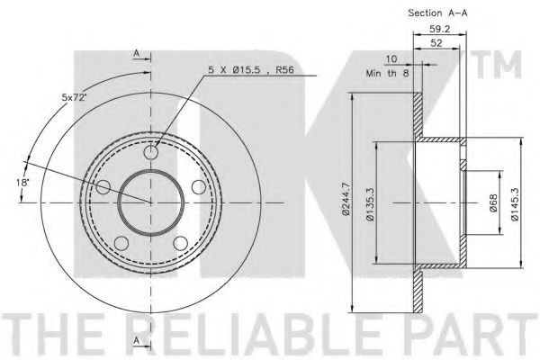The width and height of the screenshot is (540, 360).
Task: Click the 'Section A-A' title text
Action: click(437, 13)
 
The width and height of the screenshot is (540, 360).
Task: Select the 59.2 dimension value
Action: click(440, 29)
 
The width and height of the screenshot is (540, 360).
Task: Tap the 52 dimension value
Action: click(436, 43)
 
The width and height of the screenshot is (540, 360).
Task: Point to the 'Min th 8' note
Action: click(387, 73)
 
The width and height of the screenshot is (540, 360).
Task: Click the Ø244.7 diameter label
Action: click(346, 200)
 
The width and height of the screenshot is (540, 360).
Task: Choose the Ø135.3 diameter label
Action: click(370, 203)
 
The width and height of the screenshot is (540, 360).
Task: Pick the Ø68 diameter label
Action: click(493, 203)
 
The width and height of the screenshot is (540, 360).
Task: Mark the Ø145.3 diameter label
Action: click(515, 203)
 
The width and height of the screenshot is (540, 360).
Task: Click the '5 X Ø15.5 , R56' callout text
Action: click(251, 70)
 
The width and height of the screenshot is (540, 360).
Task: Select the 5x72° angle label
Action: click(73, 97)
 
